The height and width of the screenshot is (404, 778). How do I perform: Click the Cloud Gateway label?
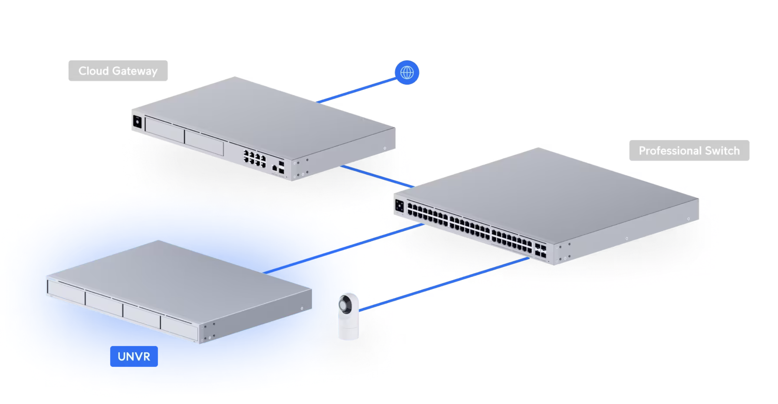point(118,70)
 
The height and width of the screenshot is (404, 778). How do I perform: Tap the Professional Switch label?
point(689,150)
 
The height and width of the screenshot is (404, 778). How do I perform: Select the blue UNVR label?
point(134,356)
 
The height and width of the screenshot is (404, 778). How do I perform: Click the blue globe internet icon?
point(407,72)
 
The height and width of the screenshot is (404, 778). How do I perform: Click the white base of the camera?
point(349,329)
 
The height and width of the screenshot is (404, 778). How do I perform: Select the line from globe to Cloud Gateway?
point(357,90)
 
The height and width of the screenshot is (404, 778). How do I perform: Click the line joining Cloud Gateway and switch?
point(377,176)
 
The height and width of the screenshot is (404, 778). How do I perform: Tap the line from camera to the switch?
point(444,284)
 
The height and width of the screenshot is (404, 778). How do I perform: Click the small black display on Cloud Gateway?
point(137,122)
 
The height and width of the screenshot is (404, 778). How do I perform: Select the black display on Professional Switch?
point(399,206)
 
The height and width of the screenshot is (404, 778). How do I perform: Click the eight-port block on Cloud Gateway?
point(254,158)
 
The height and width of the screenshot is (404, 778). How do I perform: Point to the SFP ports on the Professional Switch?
point(540,251)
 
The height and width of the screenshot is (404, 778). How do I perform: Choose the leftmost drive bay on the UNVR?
point(66,292)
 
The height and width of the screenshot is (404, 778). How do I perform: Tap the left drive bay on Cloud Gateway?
point(165,129)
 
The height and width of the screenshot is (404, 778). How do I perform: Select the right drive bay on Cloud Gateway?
point(204,143)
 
